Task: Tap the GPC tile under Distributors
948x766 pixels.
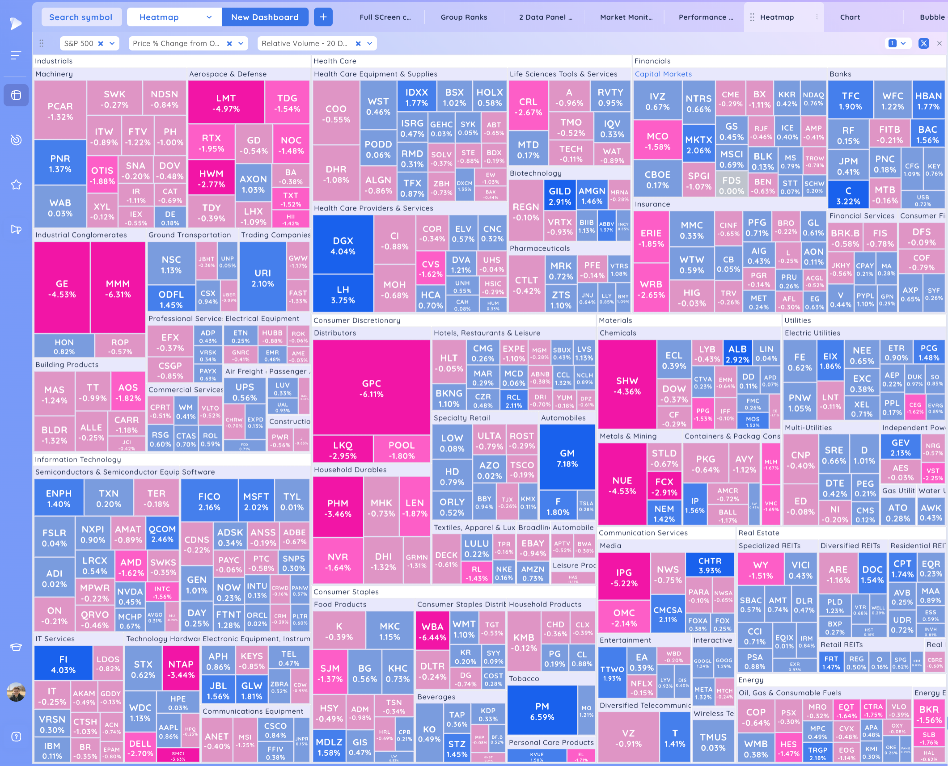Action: point(371,388)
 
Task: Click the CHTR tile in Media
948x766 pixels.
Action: point(710,565)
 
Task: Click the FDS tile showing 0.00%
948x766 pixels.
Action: point(731,185)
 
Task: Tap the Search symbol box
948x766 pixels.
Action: point(81,17)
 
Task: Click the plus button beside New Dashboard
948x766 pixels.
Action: point(323,17)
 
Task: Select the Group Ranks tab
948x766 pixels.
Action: point(464,17)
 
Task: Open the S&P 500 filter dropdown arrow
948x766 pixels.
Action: point(112,43)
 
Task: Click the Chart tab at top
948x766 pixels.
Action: point(850,17)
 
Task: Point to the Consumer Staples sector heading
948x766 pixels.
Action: point(346,592)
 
